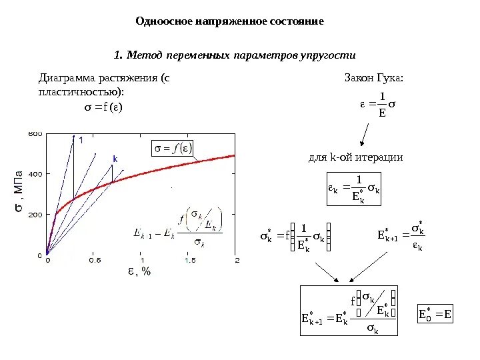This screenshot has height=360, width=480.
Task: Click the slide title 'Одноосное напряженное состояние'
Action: [229, 21]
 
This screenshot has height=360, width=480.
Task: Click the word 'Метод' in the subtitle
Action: [143, 54]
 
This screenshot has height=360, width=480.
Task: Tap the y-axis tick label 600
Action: [35, 134]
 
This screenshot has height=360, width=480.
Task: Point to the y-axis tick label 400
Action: [35, 174]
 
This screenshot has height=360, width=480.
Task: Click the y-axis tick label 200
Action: [35, 214]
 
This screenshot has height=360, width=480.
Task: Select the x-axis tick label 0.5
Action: [95, 261]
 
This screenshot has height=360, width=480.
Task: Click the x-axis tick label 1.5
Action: [190, 261]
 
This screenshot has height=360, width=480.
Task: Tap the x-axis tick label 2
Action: [237, 261]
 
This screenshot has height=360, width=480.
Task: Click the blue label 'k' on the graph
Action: [114, 159]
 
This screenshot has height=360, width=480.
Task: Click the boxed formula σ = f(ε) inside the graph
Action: [173, 148]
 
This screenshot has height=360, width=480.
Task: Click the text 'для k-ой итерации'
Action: [355, 158]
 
